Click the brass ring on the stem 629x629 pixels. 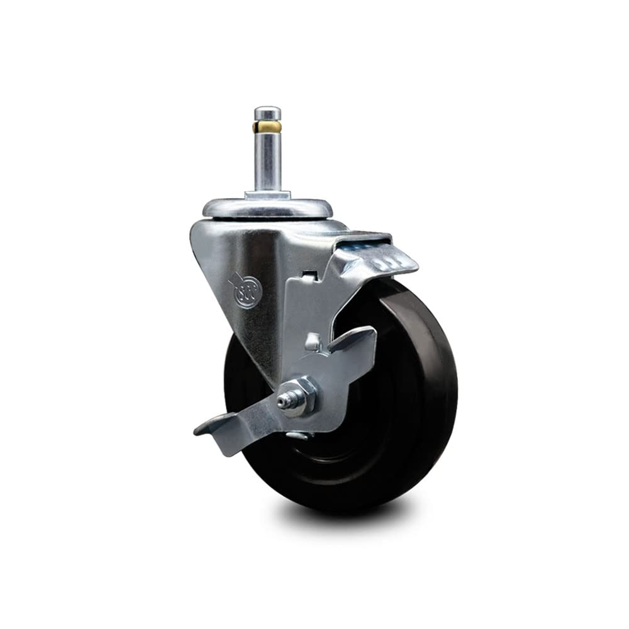coord(267,127)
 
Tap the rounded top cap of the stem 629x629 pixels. coord(267,113)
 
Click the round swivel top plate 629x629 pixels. coord(267,209)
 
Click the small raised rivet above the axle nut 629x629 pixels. coord(311,342)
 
